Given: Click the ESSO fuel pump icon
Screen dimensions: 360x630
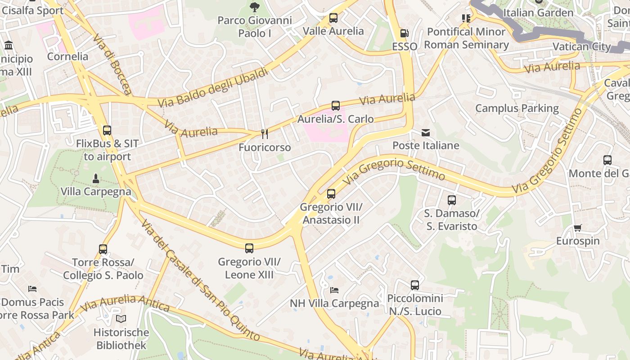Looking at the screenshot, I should point(404,33).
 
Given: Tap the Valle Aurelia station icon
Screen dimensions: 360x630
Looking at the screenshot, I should point(333,18).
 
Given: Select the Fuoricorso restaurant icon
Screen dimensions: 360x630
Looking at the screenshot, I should point(265,134).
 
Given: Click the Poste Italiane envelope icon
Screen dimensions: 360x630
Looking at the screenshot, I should point(426,132).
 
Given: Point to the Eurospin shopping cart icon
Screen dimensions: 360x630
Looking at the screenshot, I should point(578,228).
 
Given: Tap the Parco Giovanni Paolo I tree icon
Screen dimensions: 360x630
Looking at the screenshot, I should point(255,7).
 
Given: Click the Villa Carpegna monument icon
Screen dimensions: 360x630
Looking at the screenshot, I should point(95,179).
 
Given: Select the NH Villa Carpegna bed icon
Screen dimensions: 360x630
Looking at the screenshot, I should point(334,290).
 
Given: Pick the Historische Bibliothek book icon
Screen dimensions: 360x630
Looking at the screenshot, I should point(121,319).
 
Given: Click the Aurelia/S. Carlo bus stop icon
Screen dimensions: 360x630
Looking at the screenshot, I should point(335,106).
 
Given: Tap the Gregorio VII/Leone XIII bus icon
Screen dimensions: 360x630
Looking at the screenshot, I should point(249,248).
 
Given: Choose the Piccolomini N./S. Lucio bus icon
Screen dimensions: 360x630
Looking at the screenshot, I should point(415,285).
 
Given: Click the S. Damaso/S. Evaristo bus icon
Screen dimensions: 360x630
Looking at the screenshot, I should point(451,200).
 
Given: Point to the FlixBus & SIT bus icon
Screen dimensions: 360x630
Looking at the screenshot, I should point(107,130).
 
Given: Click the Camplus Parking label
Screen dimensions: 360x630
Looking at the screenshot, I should point(517,108).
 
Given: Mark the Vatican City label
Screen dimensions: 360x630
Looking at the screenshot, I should point(581,47).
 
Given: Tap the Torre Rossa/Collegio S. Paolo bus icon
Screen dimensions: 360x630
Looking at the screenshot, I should point(103,249).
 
